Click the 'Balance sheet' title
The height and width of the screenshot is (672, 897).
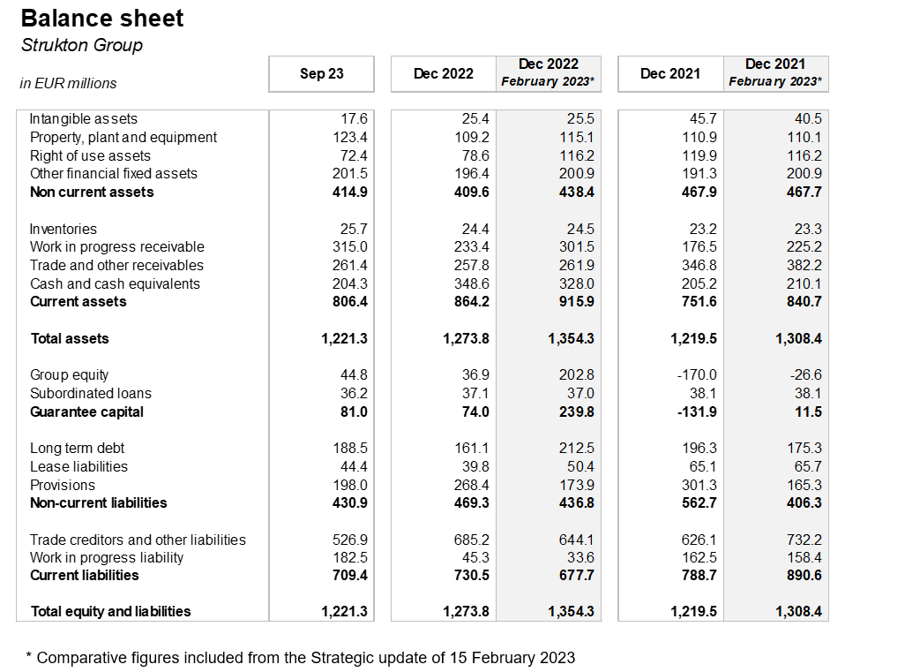pos(102,19)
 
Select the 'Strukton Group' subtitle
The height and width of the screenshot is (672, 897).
pos(81,45)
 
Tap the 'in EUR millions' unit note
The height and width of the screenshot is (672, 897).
pos(68,83)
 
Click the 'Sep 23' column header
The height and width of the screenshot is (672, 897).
pos(321,74)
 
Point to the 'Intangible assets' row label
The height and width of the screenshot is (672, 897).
pos(84,118)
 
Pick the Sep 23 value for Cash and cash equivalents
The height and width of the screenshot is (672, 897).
pos(349,283)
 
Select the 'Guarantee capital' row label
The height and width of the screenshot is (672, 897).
pos(86,412)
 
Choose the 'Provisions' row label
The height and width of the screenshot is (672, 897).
pos(63,485)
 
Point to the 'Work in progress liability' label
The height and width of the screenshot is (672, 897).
pos(107,557)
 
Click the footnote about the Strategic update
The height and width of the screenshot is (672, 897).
pos(300,657)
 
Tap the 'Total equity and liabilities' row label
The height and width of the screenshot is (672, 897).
pos(110,611)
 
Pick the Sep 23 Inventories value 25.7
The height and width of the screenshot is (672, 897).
pos(353,229)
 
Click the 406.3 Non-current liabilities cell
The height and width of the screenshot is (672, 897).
pos(804,502)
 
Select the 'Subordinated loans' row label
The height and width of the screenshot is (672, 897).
pos(91,393)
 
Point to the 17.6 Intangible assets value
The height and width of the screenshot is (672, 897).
pos(353,118)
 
